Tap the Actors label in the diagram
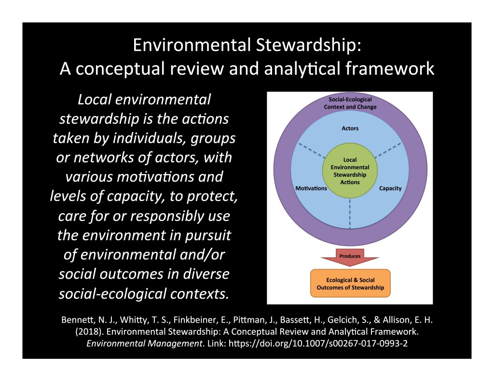tap(350, 129)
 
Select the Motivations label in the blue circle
tap(311, 188)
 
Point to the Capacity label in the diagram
tap(390, 188)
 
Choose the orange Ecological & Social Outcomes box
tap(350, 283)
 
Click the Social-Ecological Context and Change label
tap(350, 103)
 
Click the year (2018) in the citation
tap(87, 332)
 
